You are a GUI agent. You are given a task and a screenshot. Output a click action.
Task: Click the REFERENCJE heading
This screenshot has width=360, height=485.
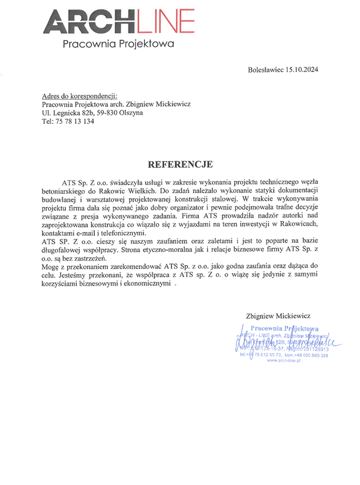[x=180, y=165]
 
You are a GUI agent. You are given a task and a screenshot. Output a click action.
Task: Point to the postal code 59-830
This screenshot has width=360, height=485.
[x=114, y=113]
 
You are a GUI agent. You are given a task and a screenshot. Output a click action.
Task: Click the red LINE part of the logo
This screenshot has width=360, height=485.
[x=166, y=21]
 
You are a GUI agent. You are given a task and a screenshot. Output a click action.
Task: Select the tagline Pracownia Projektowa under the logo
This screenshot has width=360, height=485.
[x=118, y=43]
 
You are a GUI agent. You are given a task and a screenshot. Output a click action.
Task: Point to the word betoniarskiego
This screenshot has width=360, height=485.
[x=67, y=190]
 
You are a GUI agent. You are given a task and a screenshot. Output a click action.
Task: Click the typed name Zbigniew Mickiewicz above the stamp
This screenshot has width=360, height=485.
[x=278, y=315]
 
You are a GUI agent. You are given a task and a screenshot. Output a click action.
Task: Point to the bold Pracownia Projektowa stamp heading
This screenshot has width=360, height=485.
[x=284, y=328]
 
